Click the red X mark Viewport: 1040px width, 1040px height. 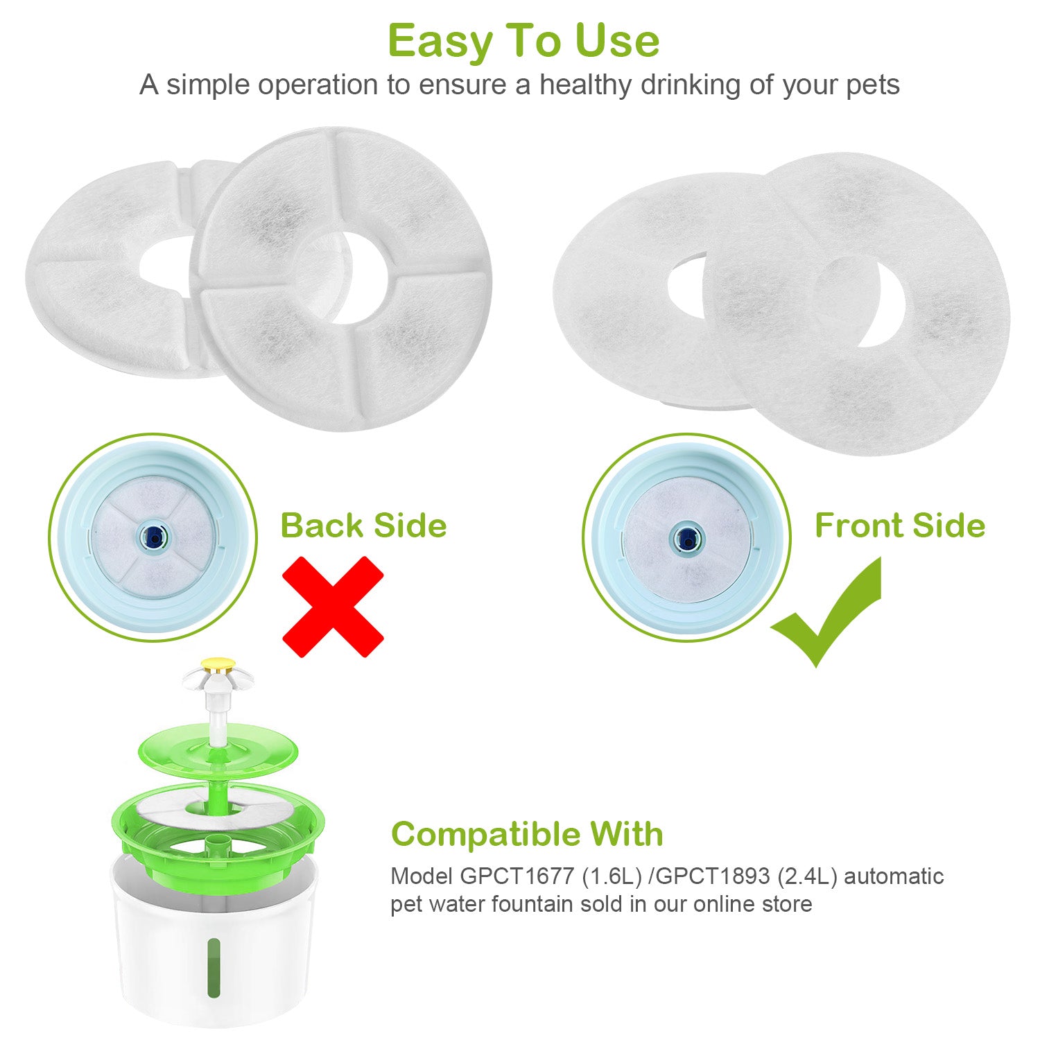333,606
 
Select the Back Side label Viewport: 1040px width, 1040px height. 363,526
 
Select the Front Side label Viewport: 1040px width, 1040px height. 899,526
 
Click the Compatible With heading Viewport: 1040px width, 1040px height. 527,834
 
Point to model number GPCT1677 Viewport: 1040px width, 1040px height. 517,876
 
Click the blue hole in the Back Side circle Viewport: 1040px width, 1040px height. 152,535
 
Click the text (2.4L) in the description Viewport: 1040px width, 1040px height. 807,876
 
